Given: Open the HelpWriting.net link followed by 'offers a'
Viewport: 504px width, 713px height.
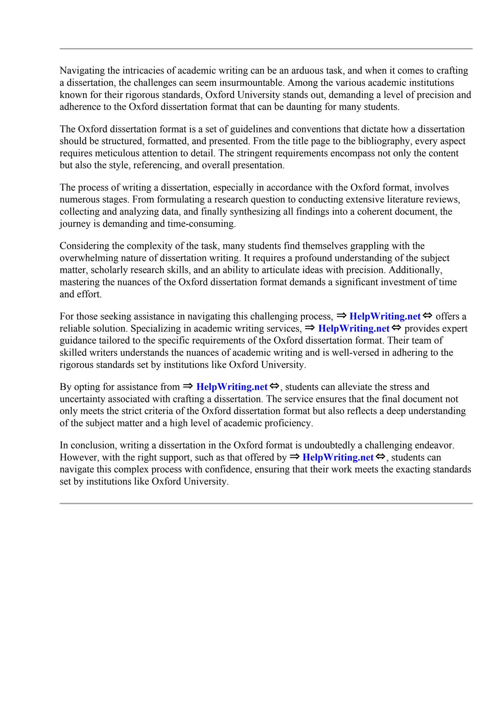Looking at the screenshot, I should tap(385, 316).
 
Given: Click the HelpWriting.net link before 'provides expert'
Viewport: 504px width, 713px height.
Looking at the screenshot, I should tap(354, 329).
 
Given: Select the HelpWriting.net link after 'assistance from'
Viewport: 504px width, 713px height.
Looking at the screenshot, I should tap(232, 387).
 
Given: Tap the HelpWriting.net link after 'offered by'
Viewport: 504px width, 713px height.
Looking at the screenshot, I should tap(338, 457).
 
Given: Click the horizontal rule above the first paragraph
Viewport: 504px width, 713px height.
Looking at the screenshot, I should tap(266, 49).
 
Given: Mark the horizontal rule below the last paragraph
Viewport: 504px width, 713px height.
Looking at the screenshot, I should tap(266, 503).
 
